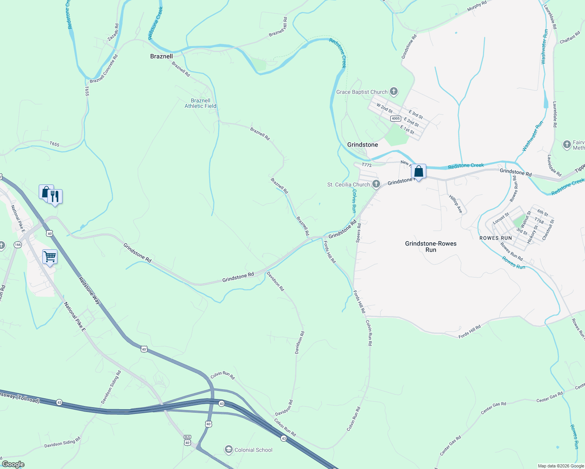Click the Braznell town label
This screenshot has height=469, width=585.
coord(161,56)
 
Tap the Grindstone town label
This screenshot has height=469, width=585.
coord(362,145)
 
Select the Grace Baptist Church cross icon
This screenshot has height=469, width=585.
coord(394,92)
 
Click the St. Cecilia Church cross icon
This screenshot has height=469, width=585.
coord(376,184)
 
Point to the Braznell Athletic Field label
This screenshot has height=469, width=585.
coord(200,103)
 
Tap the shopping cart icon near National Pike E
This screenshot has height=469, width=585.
coord(50,257)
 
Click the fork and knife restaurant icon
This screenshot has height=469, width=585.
coord(55,197)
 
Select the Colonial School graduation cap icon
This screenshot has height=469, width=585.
coord(228,450)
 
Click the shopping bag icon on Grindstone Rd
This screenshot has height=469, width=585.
coord(418,172)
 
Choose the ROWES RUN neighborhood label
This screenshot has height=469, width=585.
coord(495,238)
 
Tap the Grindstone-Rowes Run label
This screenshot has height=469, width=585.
coord(431,247)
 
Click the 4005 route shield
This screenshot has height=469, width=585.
coord(395,118)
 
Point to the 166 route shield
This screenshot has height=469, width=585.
coord(18,245)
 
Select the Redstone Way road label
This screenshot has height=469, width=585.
coord(89,291)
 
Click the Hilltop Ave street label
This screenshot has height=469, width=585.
coord(456,204)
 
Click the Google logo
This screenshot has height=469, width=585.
coord(13,464)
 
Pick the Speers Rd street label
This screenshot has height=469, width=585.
coord(359,233)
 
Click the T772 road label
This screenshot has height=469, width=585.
coord(366,165)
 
